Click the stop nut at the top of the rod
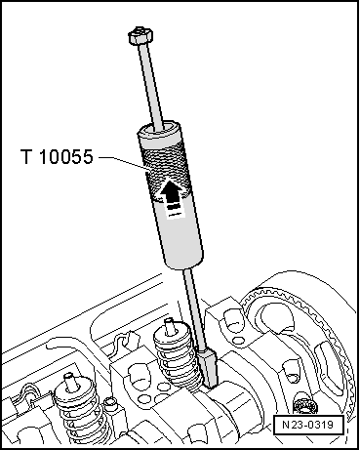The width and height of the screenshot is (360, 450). pyautogui.click(x=139, y=37)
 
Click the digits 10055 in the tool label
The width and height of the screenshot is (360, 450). pyautogui.click(x=69, y=156)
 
